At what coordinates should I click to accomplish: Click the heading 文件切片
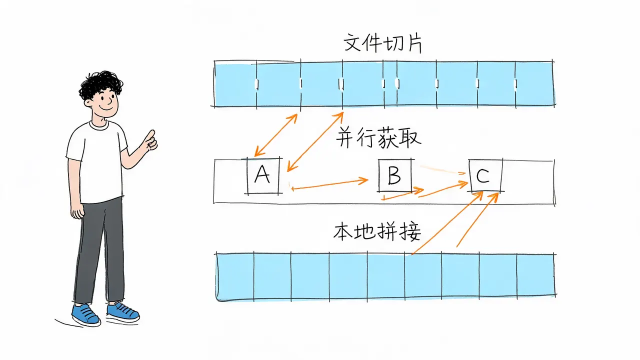(382, 43)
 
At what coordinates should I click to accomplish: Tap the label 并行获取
(378, 137)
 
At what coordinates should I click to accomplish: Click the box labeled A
(263, 176)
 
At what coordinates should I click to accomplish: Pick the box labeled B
(395, 175)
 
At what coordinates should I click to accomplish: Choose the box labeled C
(485, 175)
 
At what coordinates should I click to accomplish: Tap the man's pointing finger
(150, 135)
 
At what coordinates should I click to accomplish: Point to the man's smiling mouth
(106, 108)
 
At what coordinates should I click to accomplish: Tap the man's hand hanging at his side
(77, 211)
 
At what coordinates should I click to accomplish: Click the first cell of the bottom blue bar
(235, 276)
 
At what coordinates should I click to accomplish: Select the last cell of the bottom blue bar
(536, 275)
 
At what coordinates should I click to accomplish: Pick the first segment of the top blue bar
(235, 84)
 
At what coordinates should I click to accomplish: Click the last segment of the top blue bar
(534, 84)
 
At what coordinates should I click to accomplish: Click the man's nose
(109, 100)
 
